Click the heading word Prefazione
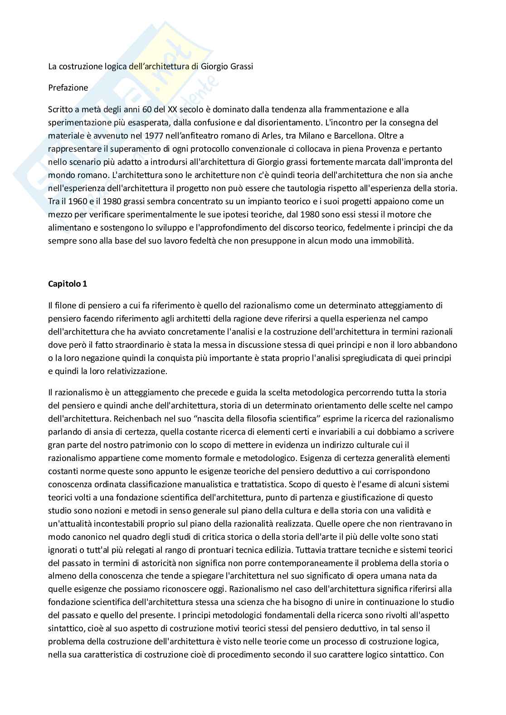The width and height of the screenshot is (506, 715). (68, 88)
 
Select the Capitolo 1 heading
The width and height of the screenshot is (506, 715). (68, 284)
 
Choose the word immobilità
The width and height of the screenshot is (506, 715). (391, 240)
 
